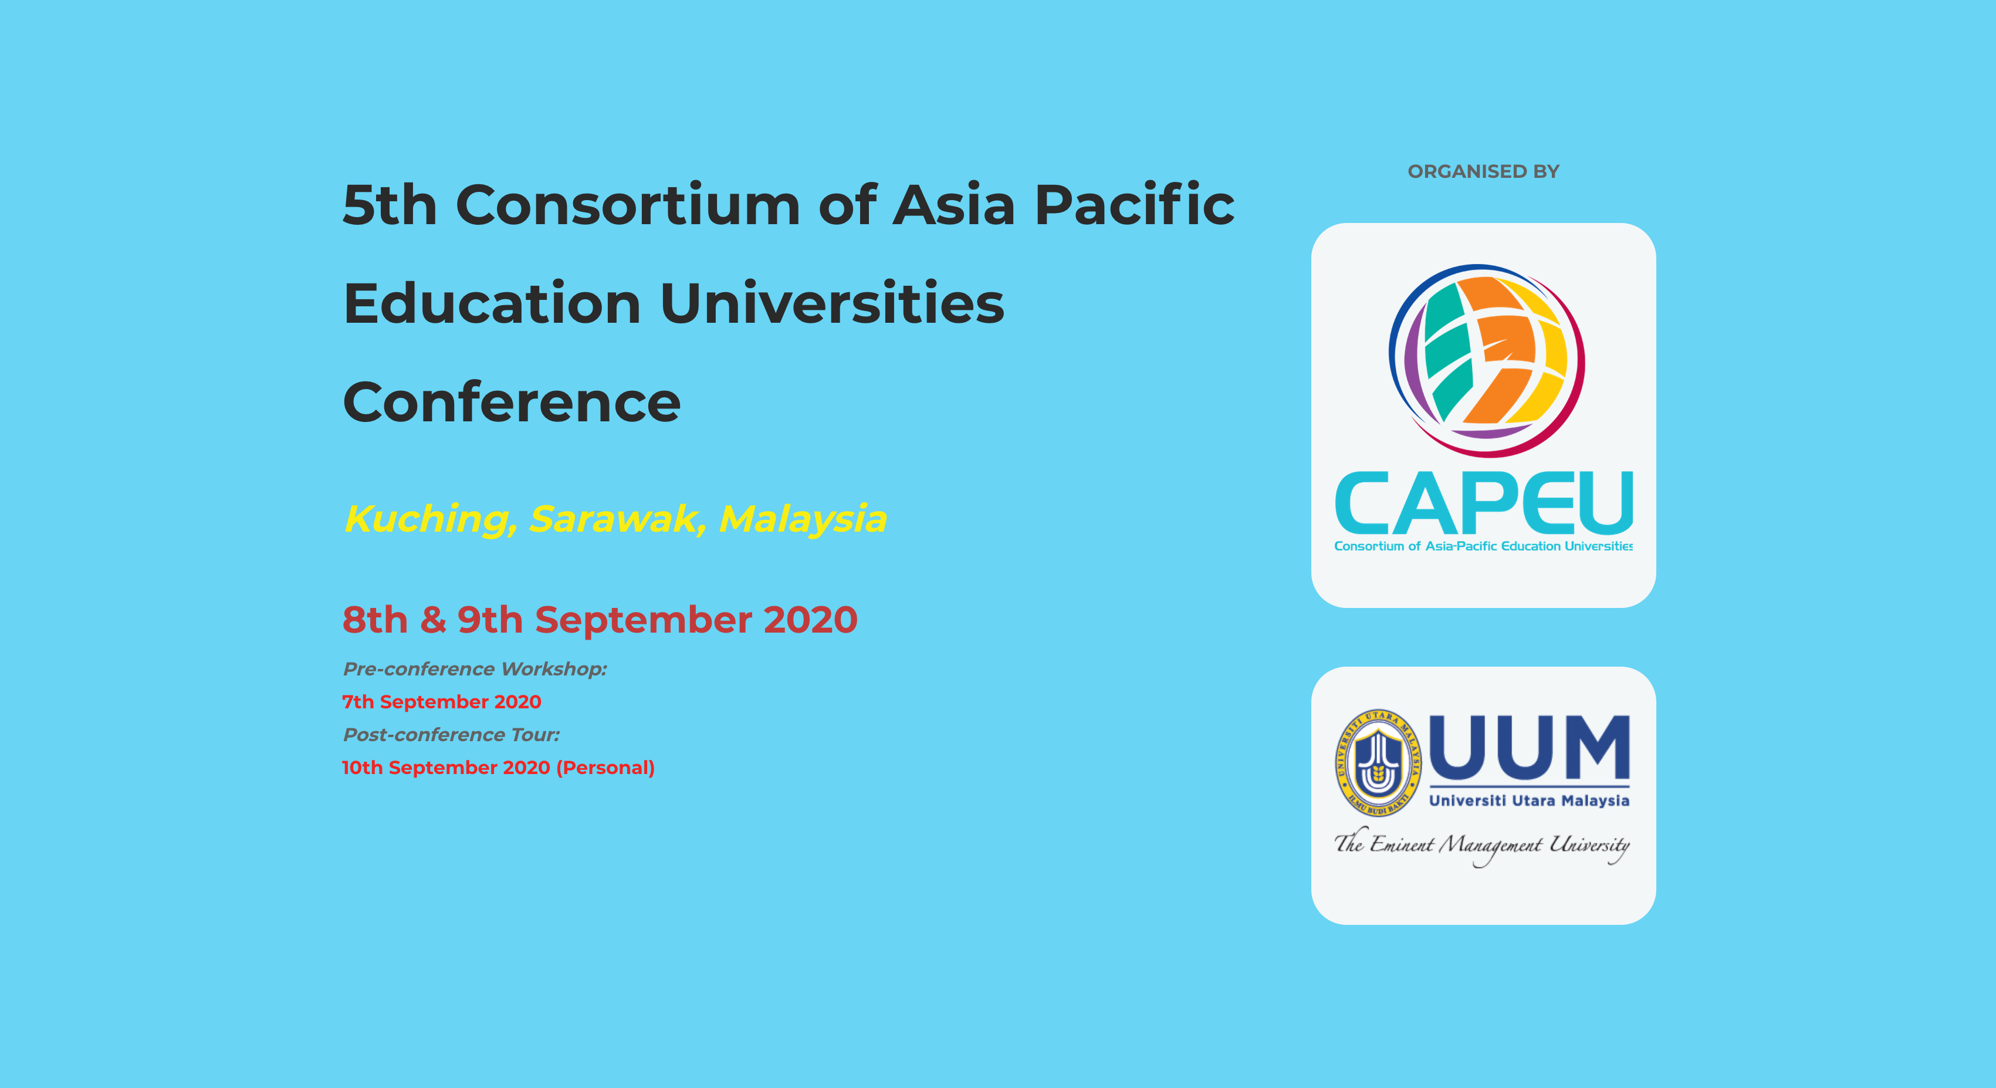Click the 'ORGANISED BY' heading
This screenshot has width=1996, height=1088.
point(1483,171)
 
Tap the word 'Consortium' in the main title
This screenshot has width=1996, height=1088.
point(628,205)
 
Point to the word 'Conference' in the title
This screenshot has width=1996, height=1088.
point(512,402)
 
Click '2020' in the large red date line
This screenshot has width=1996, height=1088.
point(810,620)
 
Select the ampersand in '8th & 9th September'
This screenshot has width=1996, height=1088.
point(432,620)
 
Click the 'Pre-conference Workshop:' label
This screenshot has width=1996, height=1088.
point(475,669)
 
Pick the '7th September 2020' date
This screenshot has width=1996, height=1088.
point(442,701)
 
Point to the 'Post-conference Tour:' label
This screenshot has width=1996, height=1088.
point(451,735)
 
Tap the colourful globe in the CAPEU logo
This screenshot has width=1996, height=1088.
point(1486,360)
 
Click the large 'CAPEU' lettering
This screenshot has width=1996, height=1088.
point(1483,503)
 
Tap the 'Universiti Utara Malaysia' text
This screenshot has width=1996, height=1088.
point(1530,800)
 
